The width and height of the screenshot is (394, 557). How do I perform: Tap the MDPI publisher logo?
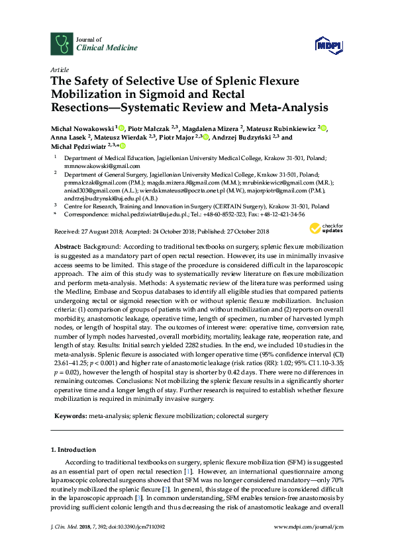point(329,45)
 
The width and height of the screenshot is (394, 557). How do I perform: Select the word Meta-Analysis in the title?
point(291,107)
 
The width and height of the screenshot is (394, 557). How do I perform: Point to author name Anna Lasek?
point(68,138)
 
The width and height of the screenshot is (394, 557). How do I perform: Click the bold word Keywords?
point(70,417)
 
